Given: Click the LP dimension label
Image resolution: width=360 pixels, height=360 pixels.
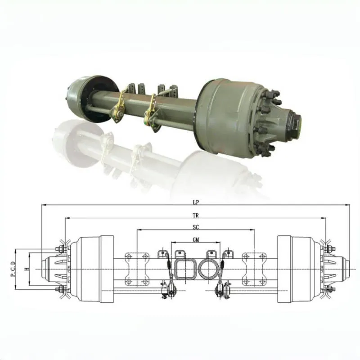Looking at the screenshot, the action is coord(196,202).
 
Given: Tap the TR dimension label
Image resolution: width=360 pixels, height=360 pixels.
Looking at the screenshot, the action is coord(196,216).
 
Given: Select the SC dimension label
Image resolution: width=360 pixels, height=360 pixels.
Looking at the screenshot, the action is coord(196,227).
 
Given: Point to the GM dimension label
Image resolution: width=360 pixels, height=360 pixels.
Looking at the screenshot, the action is coord(196,240).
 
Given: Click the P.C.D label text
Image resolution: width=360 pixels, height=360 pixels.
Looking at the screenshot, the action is coord(13,269).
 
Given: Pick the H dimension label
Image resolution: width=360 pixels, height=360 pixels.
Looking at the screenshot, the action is coord(27,269).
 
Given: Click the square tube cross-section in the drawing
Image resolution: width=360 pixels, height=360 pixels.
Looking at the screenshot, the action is coord(186,269).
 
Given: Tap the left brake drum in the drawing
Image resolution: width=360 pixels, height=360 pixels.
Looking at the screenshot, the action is coord(92,269).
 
